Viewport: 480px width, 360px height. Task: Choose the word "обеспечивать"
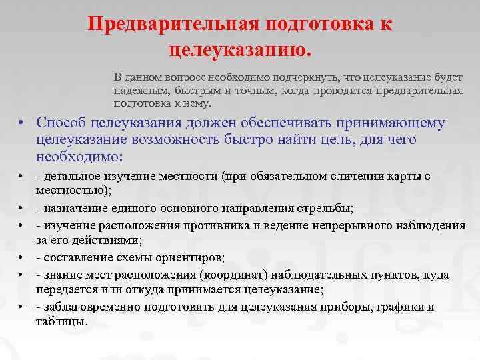click(x=264, y=123)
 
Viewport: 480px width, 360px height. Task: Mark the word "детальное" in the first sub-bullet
click(x=69, y=177)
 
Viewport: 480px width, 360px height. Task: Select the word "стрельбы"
click(x=330, y=208)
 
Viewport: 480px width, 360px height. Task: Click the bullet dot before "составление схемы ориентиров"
click(x=22, y=258)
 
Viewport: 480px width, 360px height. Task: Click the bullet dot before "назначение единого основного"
click(x=22, y=209)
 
